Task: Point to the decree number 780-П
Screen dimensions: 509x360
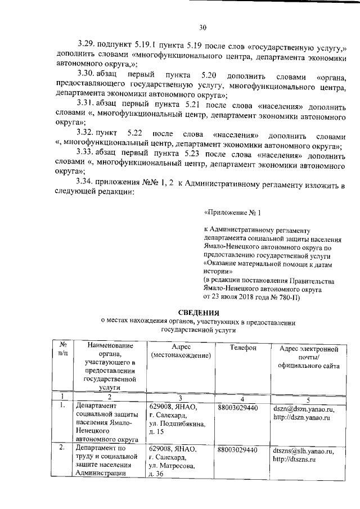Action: coord(288,296)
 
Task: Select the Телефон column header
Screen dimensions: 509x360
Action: coord(244,348)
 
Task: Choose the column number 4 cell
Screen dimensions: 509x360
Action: coord(241,398)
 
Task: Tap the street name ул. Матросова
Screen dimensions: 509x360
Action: coord(172,467)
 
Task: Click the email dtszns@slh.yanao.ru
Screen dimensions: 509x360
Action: coord(303,451)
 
